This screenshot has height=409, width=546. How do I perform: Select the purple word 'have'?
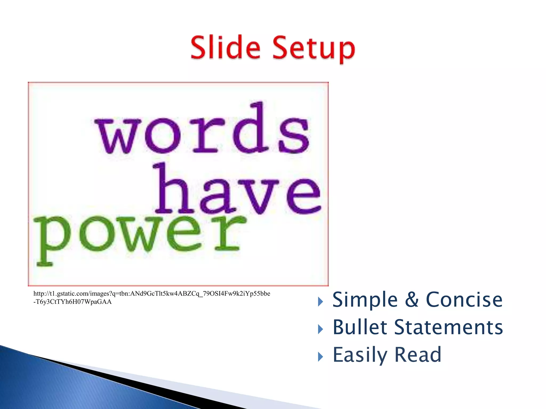coord(237,190)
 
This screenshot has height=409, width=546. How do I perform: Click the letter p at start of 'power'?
coord(51,240)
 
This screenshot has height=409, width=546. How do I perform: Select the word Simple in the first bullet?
coord(365,300)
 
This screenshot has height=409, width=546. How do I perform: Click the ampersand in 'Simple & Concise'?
coord(412,300)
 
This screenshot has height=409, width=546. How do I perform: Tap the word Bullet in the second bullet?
coord(360,327)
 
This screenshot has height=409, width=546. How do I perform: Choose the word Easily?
coord(360,355)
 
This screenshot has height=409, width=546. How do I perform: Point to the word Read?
coord(417,355)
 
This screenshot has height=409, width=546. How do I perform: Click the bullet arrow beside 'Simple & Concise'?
coord(320,302)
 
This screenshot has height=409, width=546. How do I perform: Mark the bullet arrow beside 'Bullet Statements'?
coord(320,329)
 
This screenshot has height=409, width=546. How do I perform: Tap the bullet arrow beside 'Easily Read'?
coord(320,357)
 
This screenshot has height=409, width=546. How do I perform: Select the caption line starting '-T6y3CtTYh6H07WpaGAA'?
coord(73,302)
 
